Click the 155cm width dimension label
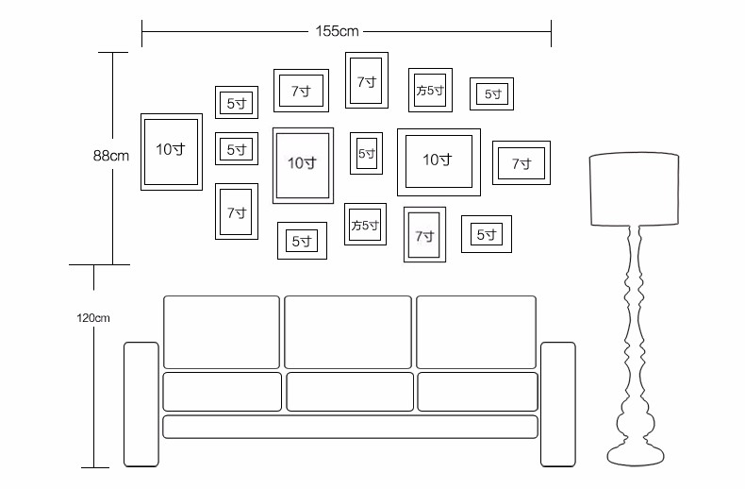click(x=337, y=31)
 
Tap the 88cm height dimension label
click(x=110, y=156)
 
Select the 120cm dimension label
click(x=93, y=318)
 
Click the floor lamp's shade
click(x=635, y=189)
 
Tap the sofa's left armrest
click(x=141, y=404)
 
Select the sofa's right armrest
click(x=557, y=404)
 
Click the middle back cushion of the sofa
click(x=348, y=332)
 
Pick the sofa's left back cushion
click(x=222, y=332)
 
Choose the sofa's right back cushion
click(x=476, y=332)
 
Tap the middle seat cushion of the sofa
click(x=350, y=392)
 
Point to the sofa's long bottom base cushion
click(x=350, y=427)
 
